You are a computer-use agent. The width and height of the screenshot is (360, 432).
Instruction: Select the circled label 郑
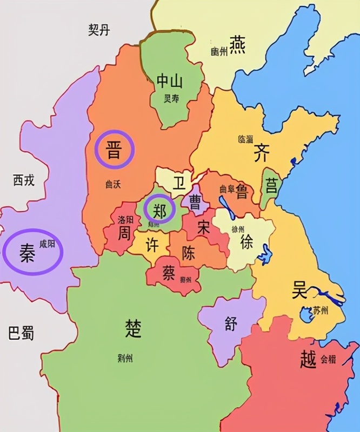tap(159, 211)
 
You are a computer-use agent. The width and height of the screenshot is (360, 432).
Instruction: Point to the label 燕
tap(237, 45)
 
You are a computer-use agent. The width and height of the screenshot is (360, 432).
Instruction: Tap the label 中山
tap(170, 82)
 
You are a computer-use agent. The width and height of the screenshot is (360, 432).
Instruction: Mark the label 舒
tap(231, 323)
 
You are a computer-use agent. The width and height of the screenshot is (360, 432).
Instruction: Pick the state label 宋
tap(204, 228)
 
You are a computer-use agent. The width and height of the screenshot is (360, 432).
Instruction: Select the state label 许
tap(153, 245)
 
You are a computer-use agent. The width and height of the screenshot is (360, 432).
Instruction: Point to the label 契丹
tap(99, 30)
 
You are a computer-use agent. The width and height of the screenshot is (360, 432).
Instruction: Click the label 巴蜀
tap(22, 333)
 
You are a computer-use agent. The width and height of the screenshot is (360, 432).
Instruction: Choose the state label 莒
tap(271, 186)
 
